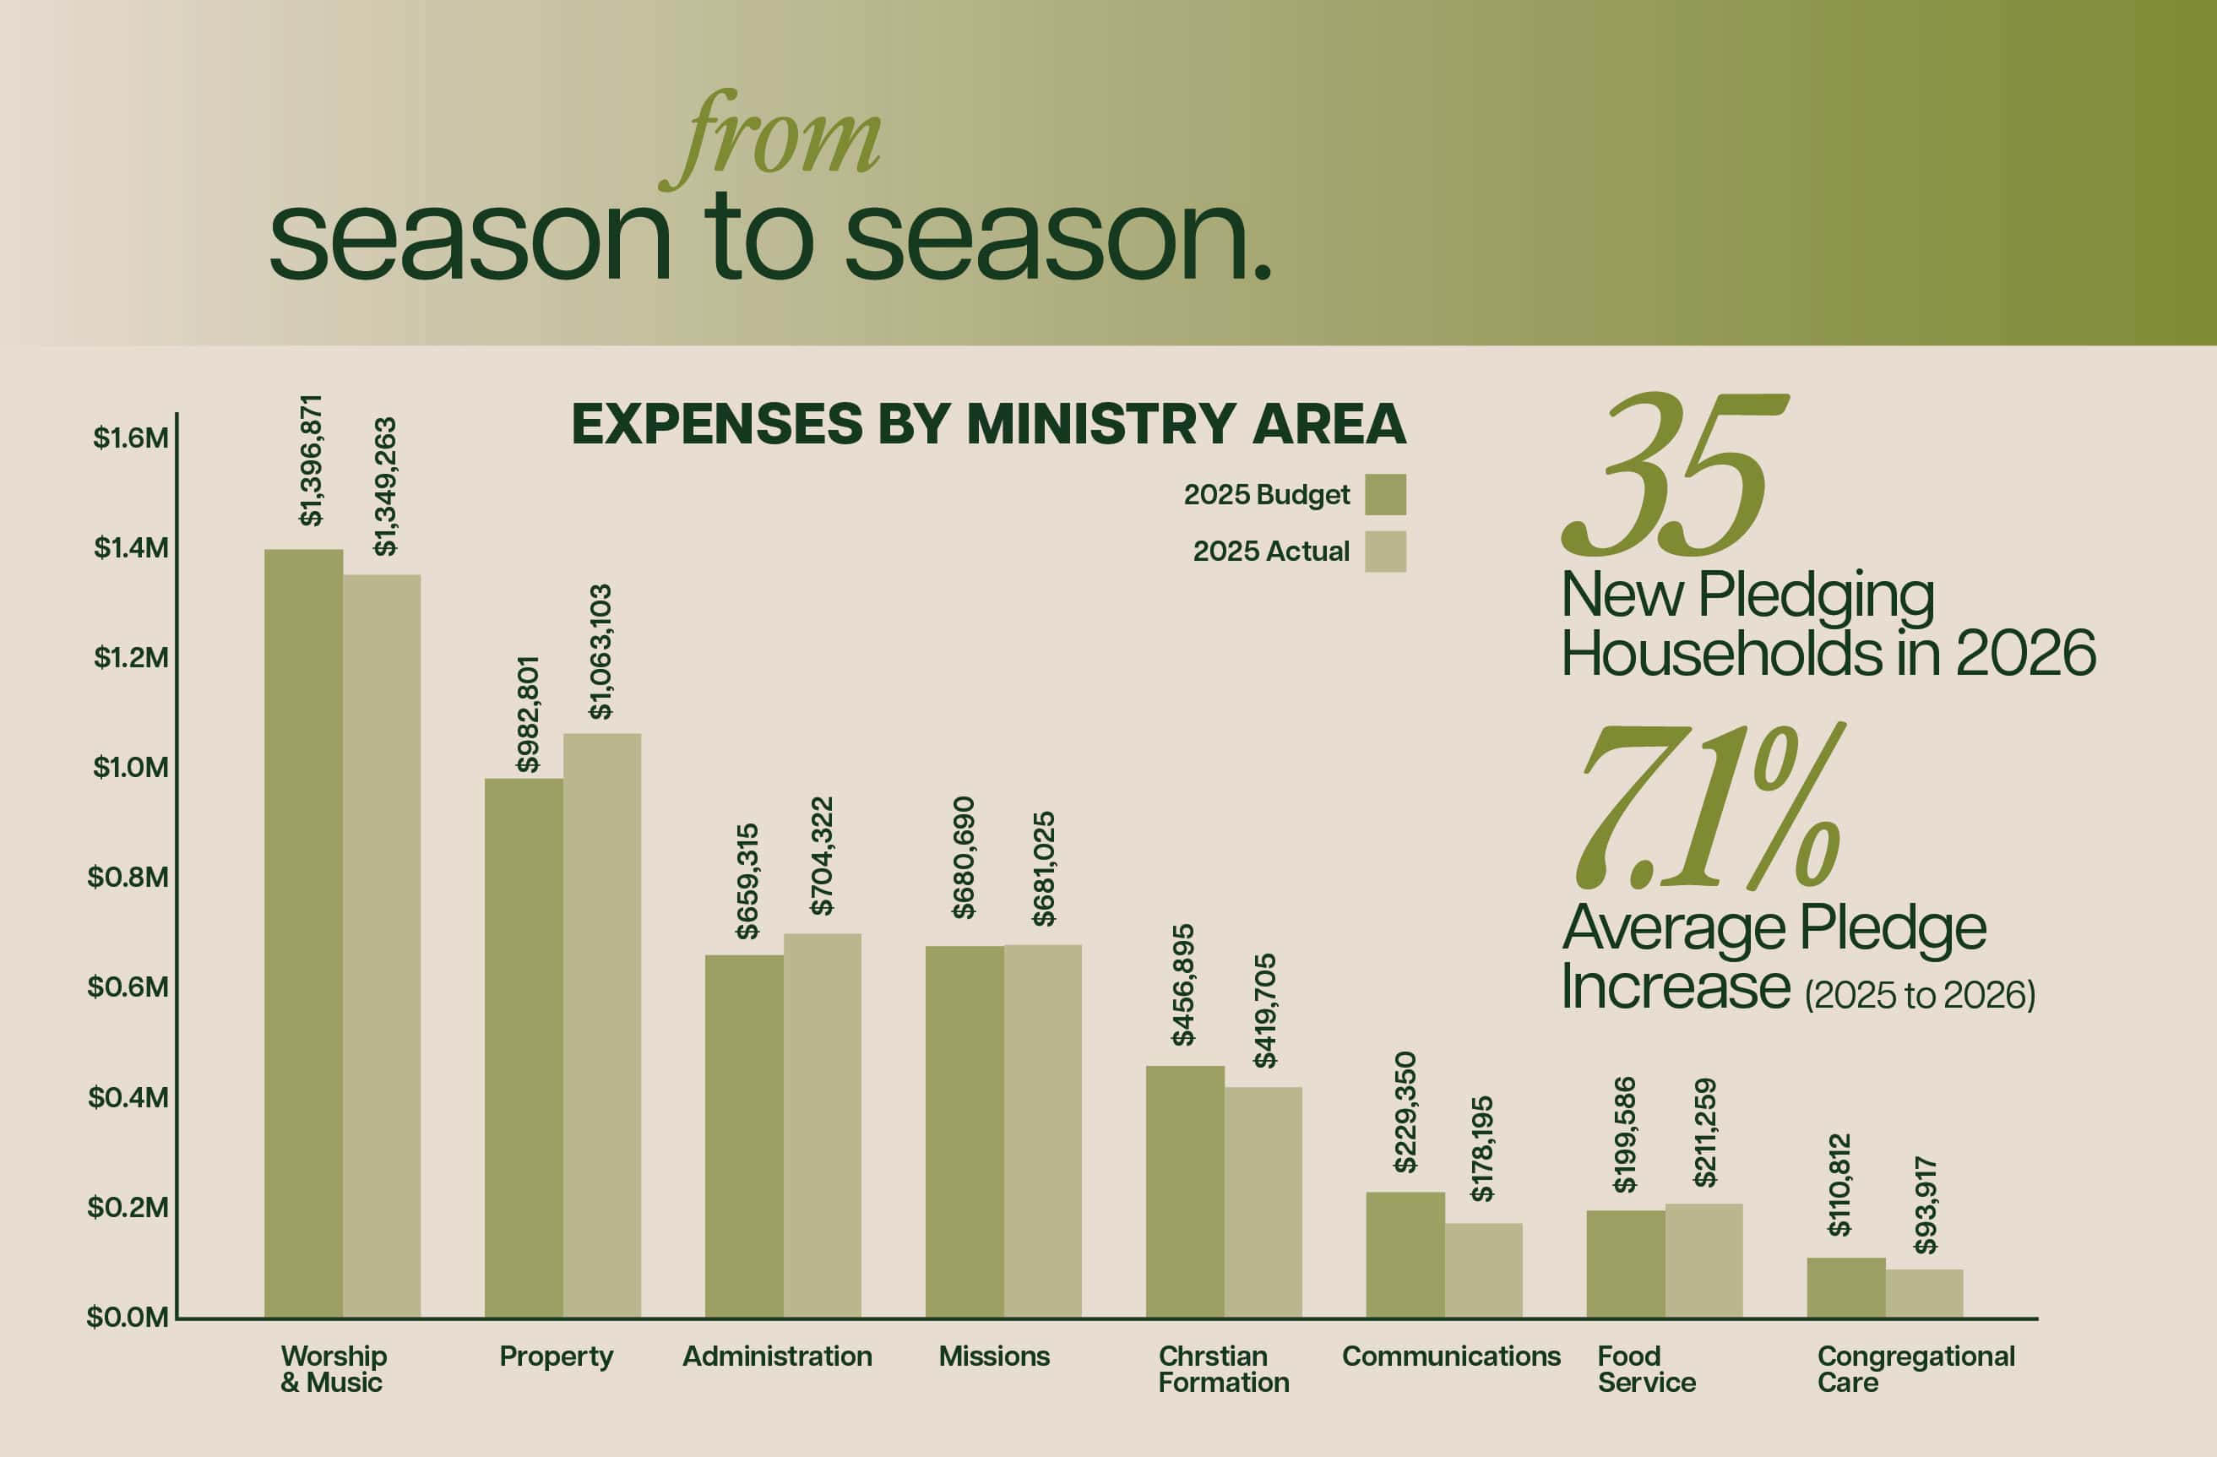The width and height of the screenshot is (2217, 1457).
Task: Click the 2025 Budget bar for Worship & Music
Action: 304,933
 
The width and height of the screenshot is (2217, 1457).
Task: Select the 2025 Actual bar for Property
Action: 601,1025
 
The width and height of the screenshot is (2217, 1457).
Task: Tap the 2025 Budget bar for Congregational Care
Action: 1846,1287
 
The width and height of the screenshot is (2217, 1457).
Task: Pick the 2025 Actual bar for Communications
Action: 1484,1270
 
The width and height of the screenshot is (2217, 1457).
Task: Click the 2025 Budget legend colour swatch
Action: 1385,495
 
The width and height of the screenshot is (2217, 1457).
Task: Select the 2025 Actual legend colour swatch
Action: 1385,552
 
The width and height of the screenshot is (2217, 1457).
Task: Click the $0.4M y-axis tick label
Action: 128,1097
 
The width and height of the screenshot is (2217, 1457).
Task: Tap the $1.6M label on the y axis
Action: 130,438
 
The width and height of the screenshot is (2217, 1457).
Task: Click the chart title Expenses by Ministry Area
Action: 988,424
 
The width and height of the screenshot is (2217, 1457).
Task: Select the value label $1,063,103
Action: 600,652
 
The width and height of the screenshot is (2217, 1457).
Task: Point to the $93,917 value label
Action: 1926,1205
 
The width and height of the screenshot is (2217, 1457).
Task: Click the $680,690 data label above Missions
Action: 963,858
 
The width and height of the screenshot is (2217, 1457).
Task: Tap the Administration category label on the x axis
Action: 778,1356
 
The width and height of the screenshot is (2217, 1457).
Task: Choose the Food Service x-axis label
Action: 1647,1369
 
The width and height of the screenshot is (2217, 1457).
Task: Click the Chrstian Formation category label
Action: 1224,1369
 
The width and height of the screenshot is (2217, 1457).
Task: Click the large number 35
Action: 1674,474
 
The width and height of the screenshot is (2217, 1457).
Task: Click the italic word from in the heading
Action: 769,139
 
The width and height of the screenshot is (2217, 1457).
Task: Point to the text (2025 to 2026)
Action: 1920,996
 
